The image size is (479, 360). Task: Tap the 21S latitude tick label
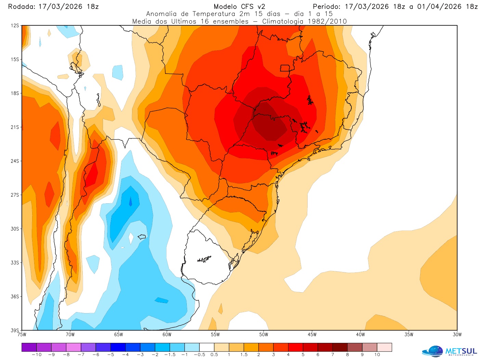pyautogui.click(x=15, y=127)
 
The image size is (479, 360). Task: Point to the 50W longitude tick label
pyautogui.click(x=263, y=335)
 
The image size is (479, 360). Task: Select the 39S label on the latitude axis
pyautogui.click(x=15, y=330)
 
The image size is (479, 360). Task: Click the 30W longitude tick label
pyautogui.click(x=457, y=335)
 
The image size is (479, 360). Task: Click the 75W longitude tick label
pyautogui.click(x=22, y=335)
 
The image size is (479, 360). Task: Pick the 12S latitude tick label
pyautogui.click(x=15, y=26)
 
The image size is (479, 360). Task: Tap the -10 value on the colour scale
pyautogui.click(x=36, y=355)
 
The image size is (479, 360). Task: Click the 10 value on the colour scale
pyautogui.click(x=377, y=355)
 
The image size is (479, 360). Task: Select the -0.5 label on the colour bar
pyautogui.click(x=199, y=355)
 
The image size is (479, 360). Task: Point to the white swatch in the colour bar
pyautogui.click(x=207, y=347)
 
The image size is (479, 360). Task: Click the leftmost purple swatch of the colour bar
pyautogui.click(x=29, y=347)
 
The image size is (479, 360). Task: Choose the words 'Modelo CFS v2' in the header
pyautogui.click(x=239, y=7)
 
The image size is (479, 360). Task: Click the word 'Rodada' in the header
pyautogui.click(x=21, y=7)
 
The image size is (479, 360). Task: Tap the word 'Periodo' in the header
pyautogui.click(x=327, y=7)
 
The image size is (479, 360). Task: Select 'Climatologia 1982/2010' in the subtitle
pyautogui.click(x=305, y=21)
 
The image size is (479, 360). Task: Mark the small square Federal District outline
pyautogui.click(x=285, y=68)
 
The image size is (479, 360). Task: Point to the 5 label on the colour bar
pyautogui.click(x=303, y=355)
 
